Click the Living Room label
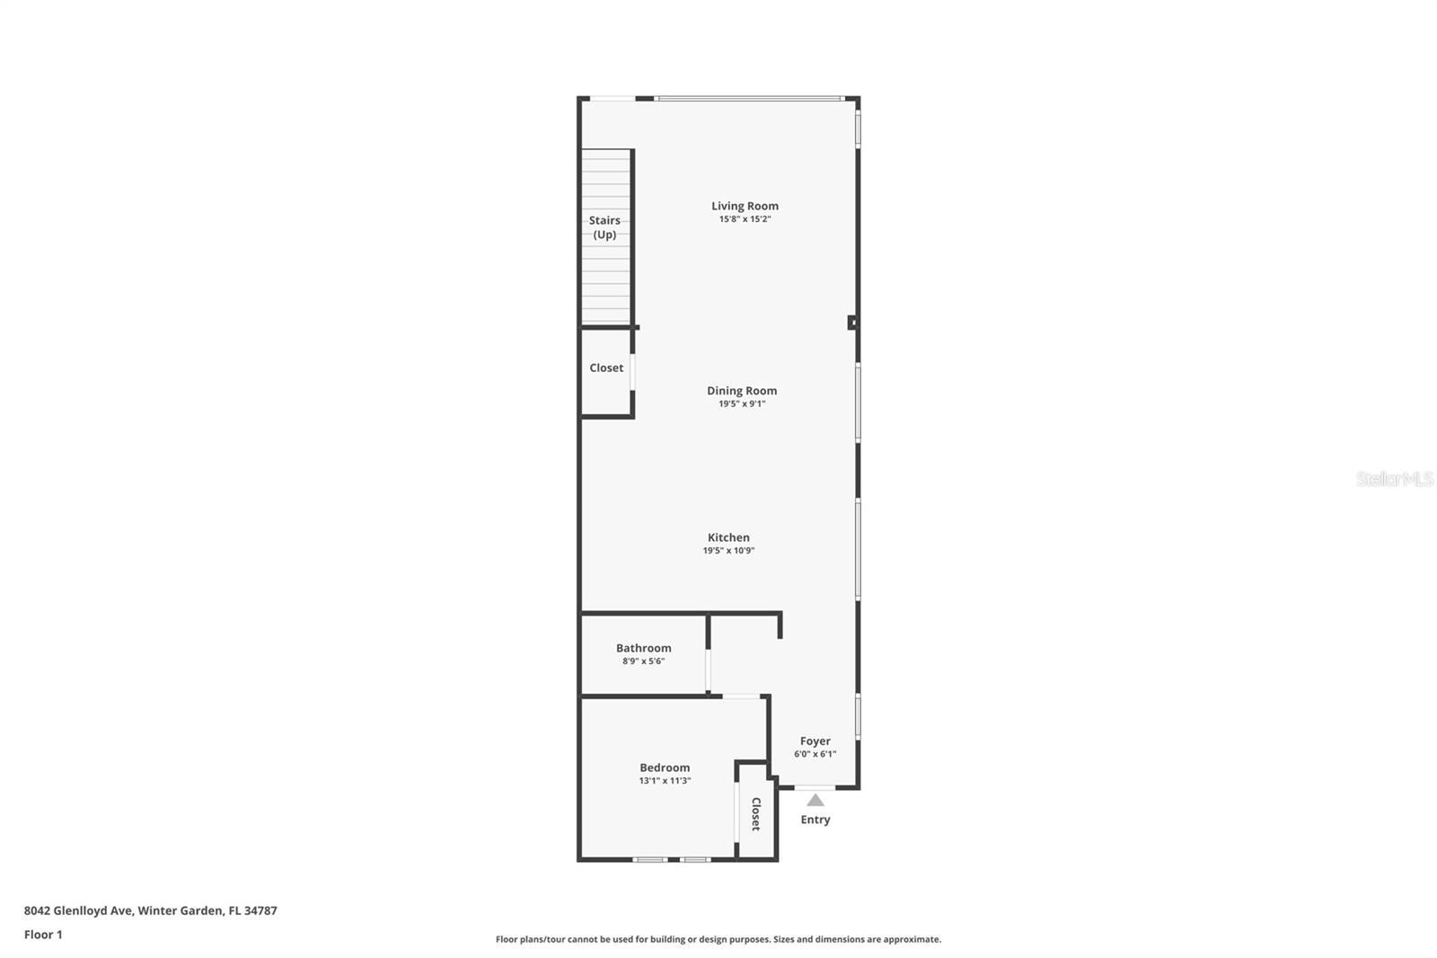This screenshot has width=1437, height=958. tap(745, 206)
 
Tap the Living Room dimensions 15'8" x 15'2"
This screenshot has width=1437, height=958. tap(745, 219)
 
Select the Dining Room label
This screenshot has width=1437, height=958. tap(742, 390)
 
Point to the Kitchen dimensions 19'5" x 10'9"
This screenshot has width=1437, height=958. tap(728, 551)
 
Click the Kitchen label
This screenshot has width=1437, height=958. tap(728, 537)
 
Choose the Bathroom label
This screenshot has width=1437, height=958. tap(643, 648)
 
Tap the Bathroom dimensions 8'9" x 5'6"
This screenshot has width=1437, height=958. tap(643, 661)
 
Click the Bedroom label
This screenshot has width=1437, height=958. tap(665, 767)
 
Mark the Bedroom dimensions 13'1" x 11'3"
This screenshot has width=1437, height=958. tap(665, 781)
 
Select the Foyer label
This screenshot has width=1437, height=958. tap(815, 741)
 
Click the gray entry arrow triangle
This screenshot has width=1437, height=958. tap(815, 800)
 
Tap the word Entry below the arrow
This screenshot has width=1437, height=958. tap(815, 820)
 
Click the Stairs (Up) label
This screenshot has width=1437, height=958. tap(604, 227)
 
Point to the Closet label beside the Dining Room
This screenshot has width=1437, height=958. tap(606, 368)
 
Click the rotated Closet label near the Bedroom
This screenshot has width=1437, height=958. tap(755, 813)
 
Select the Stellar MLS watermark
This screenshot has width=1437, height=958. tap(1394, 479)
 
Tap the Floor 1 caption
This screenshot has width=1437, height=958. tap(43, 935)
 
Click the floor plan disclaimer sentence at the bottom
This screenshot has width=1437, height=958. tap(718, 939)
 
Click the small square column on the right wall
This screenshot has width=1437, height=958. tap(852, 323)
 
